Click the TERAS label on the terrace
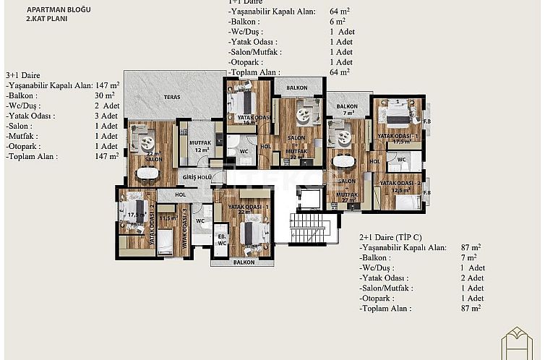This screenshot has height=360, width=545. pyautogui.click(x=172, y=96)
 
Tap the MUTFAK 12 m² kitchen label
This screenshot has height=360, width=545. pyautogui.click(x=199, y=147)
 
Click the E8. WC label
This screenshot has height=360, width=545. pyautogui.click(x=222, y=240)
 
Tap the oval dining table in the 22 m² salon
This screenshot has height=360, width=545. pyautogui.click(x=147, y=173)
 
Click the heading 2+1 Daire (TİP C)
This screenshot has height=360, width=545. pyautogui.click(x=392, y=237)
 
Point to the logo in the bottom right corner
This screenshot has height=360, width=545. pyautogui.click(x=521, y=340)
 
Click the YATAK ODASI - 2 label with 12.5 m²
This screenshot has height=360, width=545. pyautogui.click(x=402, y=186)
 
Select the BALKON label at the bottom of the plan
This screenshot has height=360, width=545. pyautogui.click(x=244, y=263)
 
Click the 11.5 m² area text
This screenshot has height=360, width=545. pyautogui.click(x=168, y=218)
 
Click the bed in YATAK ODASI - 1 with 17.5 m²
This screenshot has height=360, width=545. pyautogui.click(x=397, y=116)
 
